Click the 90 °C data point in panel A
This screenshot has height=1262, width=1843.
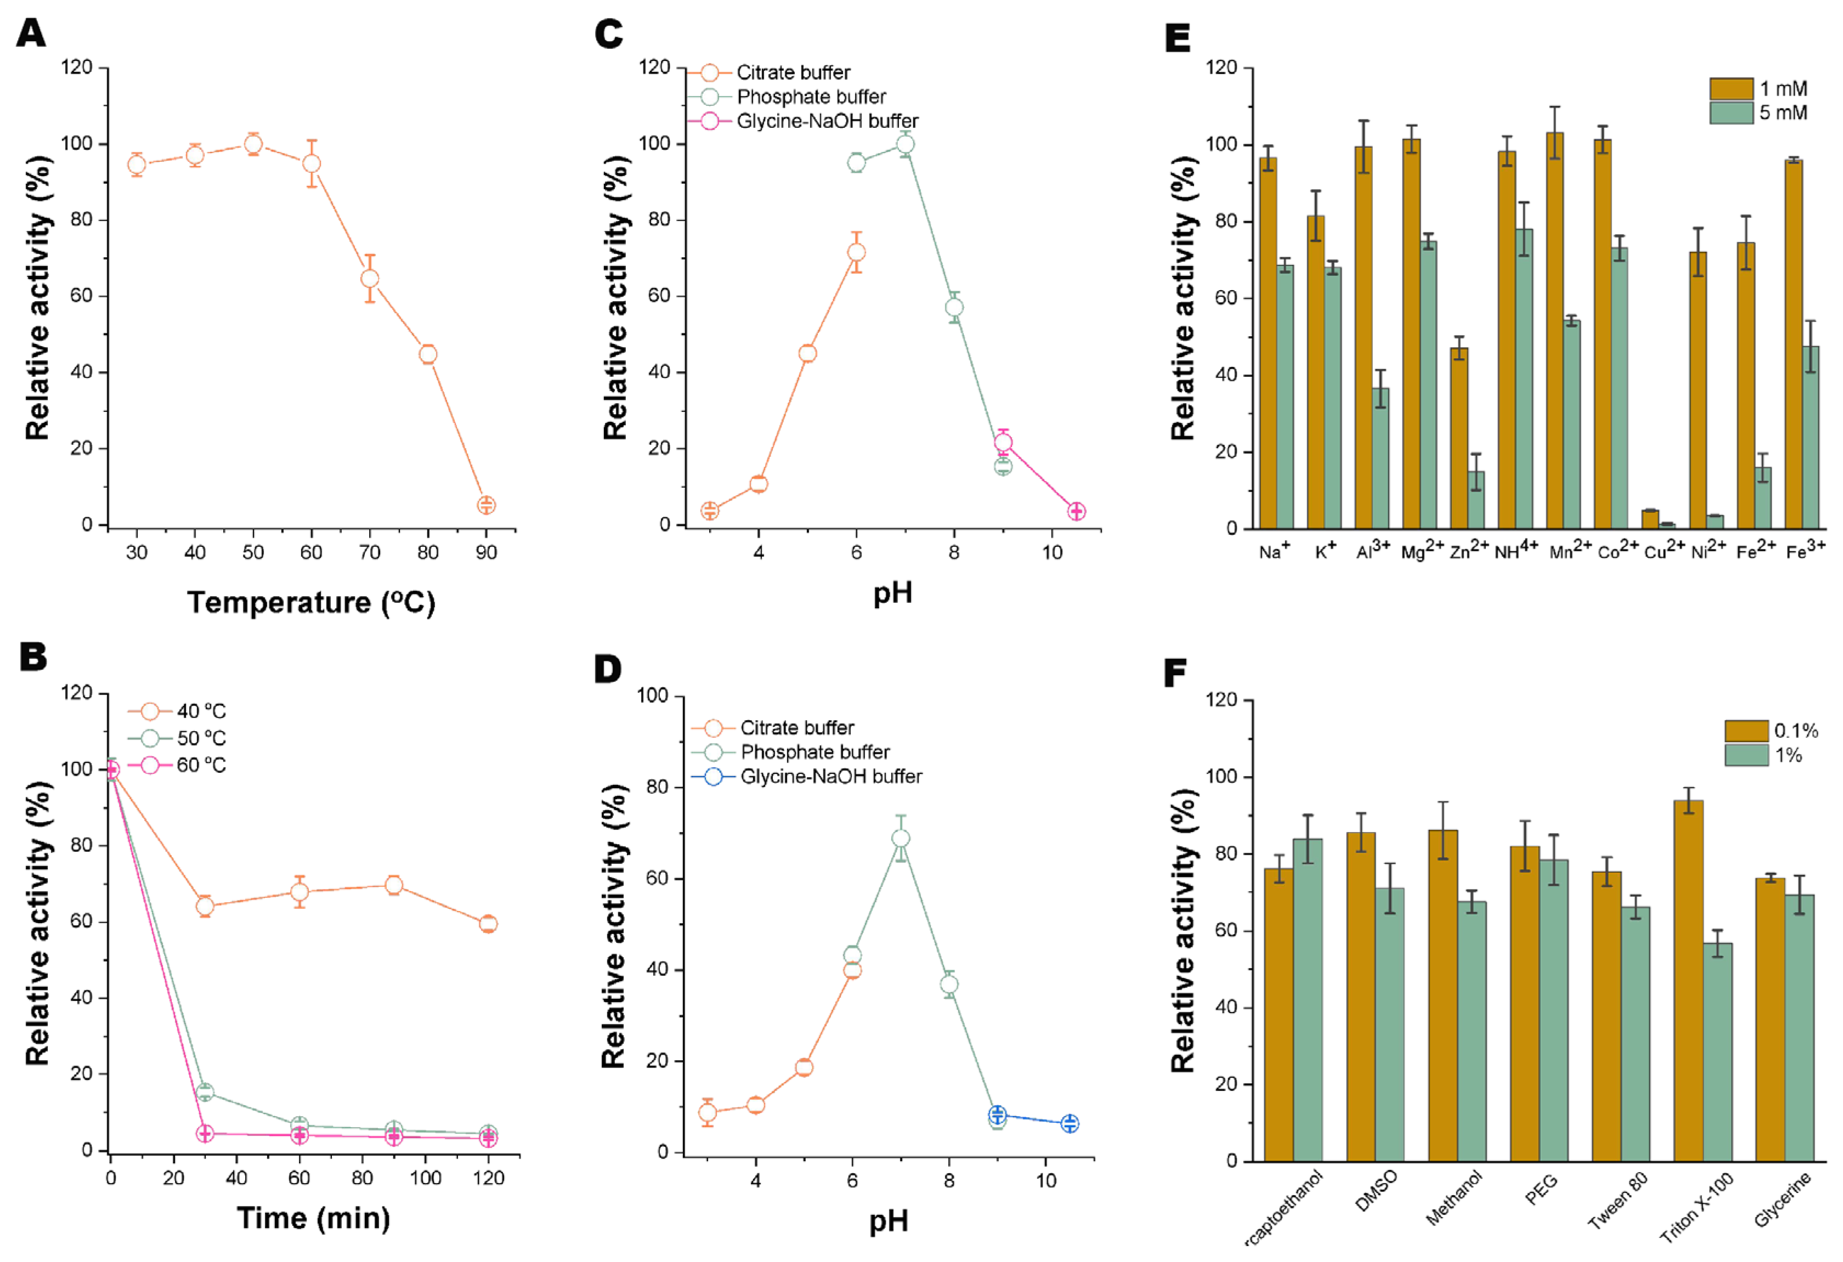click(x=486, y=505)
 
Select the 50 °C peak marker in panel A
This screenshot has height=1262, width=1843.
click(x=253, y=144)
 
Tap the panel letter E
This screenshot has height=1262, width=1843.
click(x=1177, y=37)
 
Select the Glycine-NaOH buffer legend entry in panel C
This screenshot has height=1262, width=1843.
click(x=827, y=121)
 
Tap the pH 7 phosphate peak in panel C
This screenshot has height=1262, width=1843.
click(x=905, y=144)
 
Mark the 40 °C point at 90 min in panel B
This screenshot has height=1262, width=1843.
click(x=393, y=885)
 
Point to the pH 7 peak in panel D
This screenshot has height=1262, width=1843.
click(x=900, y=839)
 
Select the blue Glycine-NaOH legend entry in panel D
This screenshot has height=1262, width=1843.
click(x=830, y=776)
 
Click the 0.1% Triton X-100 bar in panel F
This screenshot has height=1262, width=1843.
click(x=1688, y=981)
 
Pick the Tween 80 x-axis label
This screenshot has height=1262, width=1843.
click(x=1617, y=1212)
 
